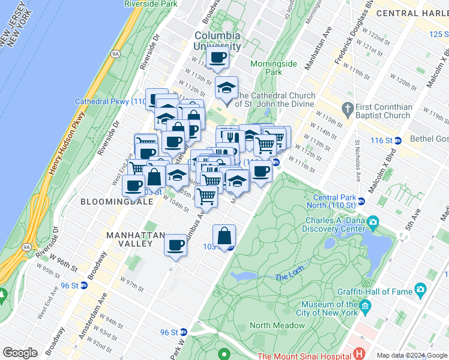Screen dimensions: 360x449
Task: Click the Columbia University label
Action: point(217,41)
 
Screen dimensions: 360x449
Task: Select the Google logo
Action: point(20,353)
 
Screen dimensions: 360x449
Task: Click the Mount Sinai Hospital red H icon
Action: point(360,355)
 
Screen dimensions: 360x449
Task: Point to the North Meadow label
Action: point(276,326)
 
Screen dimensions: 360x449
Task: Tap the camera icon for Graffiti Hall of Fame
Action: point(420,291)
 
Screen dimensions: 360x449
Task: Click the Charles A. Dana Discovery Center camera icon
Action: point(373,223)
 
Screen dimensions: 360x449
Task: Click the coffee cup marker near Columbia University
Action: point(217,58)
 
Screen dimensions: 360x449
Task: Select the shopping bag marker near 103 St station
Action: point(224,236)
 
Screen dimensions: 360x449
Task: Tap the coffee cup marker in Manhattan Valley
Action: point(175,245)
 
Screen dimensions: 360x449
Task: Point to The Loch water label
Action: point(291,277)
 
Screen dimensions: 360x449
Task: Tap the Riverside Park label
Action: point(151,4)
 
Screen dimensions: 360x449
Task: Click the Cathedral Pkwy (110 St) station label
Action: point(110,101)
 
